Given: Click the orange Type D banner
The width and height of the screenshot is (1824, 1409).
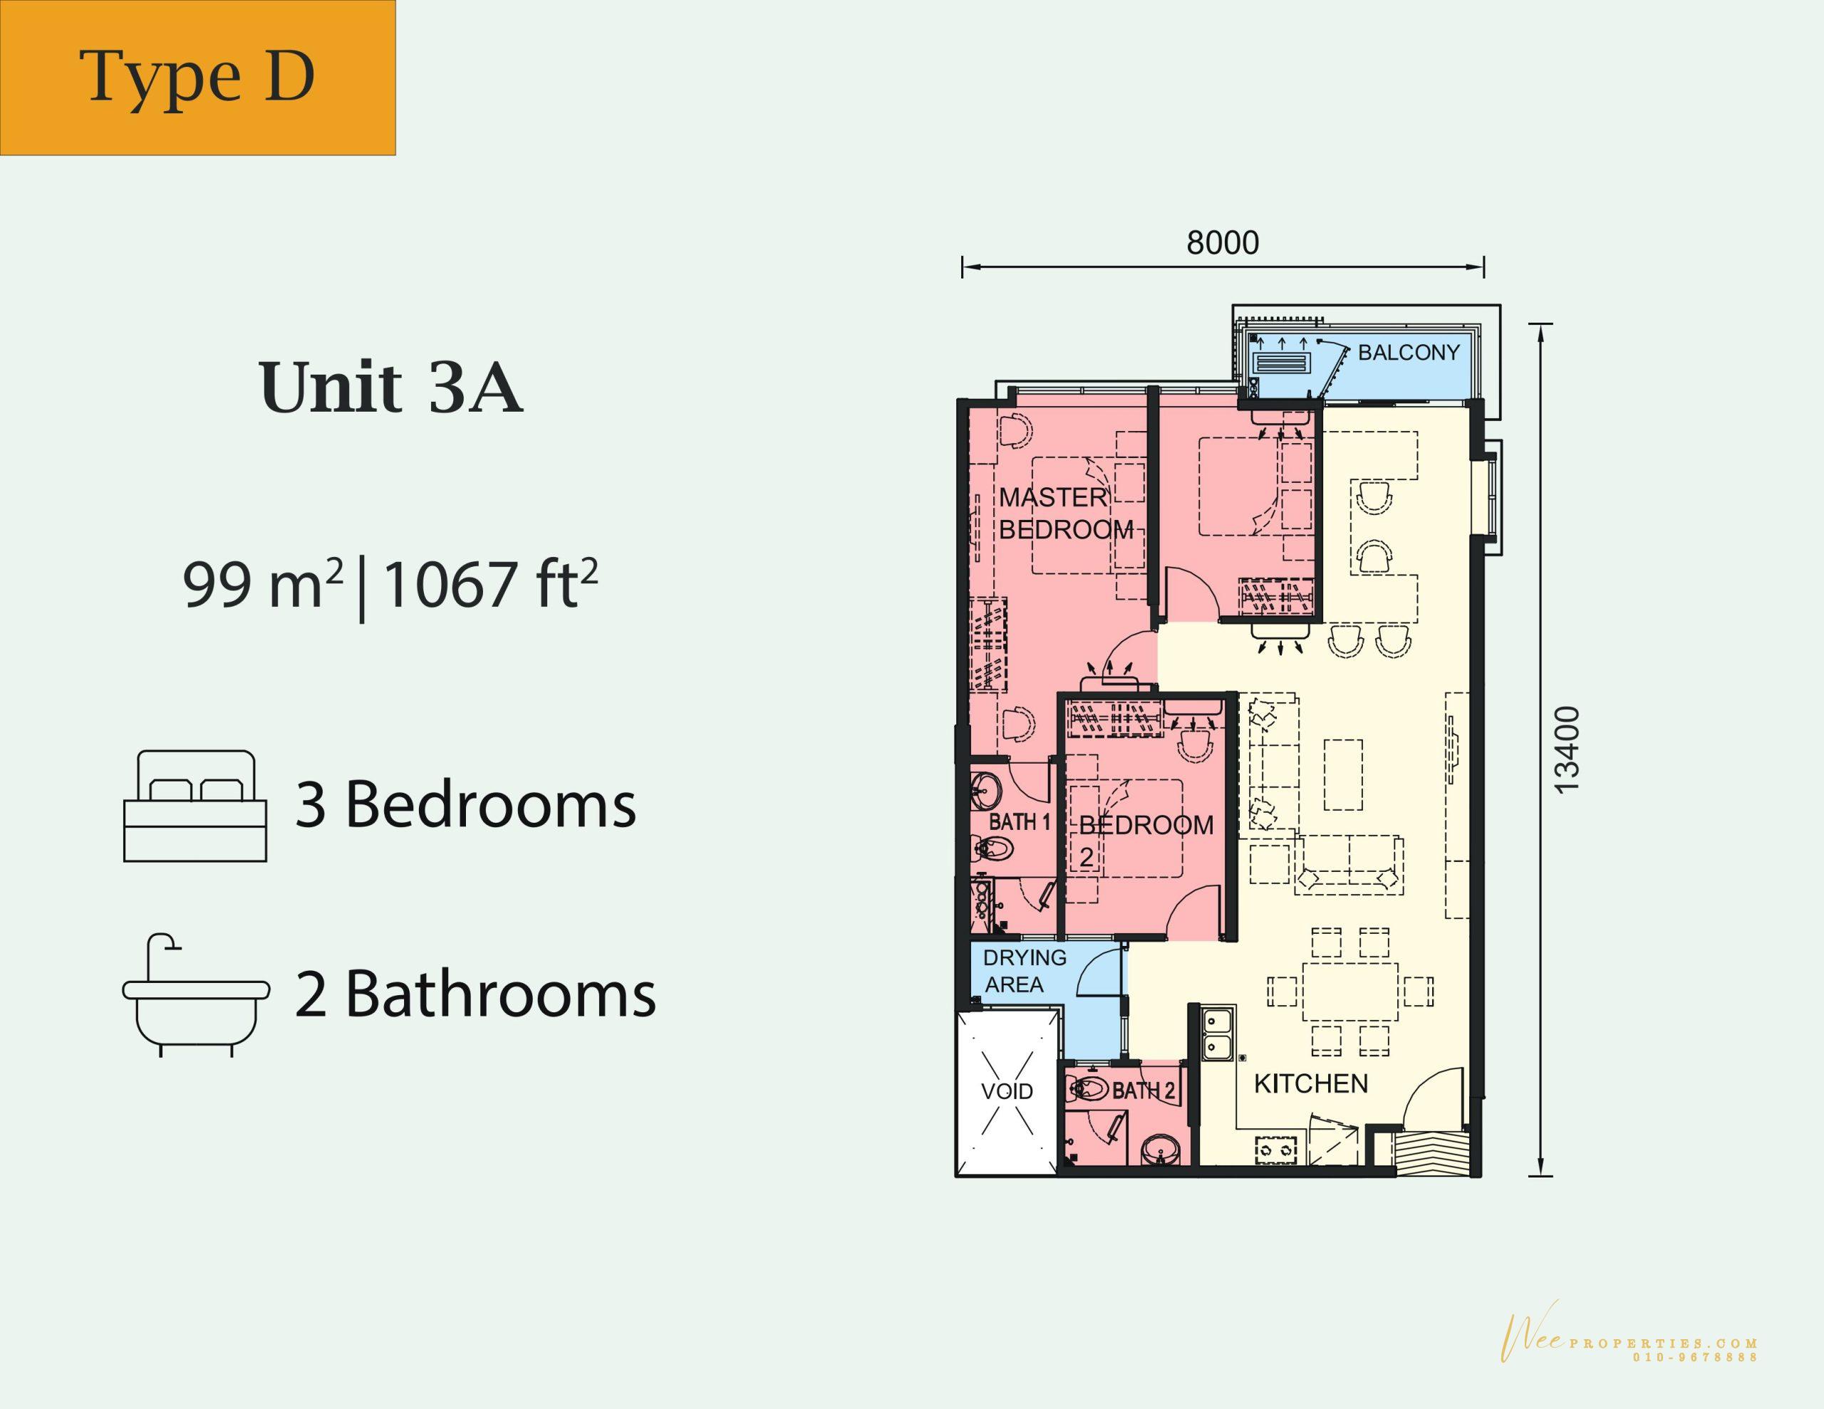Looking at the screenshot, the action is click(x=197, y=78).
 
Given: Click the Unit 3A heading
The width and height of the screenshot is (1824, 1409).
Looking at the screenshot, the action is click(x=392, y=388).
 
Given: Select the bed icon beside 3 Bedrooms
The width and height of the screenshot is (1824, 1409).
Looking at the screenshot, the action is click(x=195, y=806).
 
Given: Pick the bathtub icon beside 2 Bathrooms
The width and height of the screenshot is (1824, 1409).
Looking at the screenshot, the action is click(x=195, y=994).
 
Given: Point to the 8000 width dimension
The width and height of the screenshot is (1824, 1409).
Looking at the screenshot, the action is click(x=1223, y=242).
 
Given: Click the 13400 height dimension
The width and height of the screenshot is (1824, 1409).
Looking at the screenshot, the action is click(x=1567, y=749).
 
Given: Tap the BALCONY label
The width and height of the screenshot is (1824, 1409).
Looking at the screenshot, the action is click(x=1408, y=353).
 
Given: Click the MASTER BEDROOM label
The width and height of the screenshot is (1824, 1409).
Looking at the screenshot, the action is click(x=1067, y=514).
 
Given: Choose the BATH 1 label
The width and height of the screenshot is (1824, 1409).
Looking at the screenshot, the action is click(x=1019, y=823).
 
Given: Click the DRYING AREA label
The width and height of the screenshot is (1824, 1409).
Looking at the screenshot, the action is click(x=1024, y=970).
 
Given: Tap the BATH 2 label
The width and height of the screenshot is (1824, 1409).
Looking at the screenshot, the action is click(x=1144, y=1091).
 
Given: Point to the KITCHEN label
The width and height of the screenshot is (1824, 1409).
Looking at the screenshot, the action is click(x=1311, y=1084).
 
